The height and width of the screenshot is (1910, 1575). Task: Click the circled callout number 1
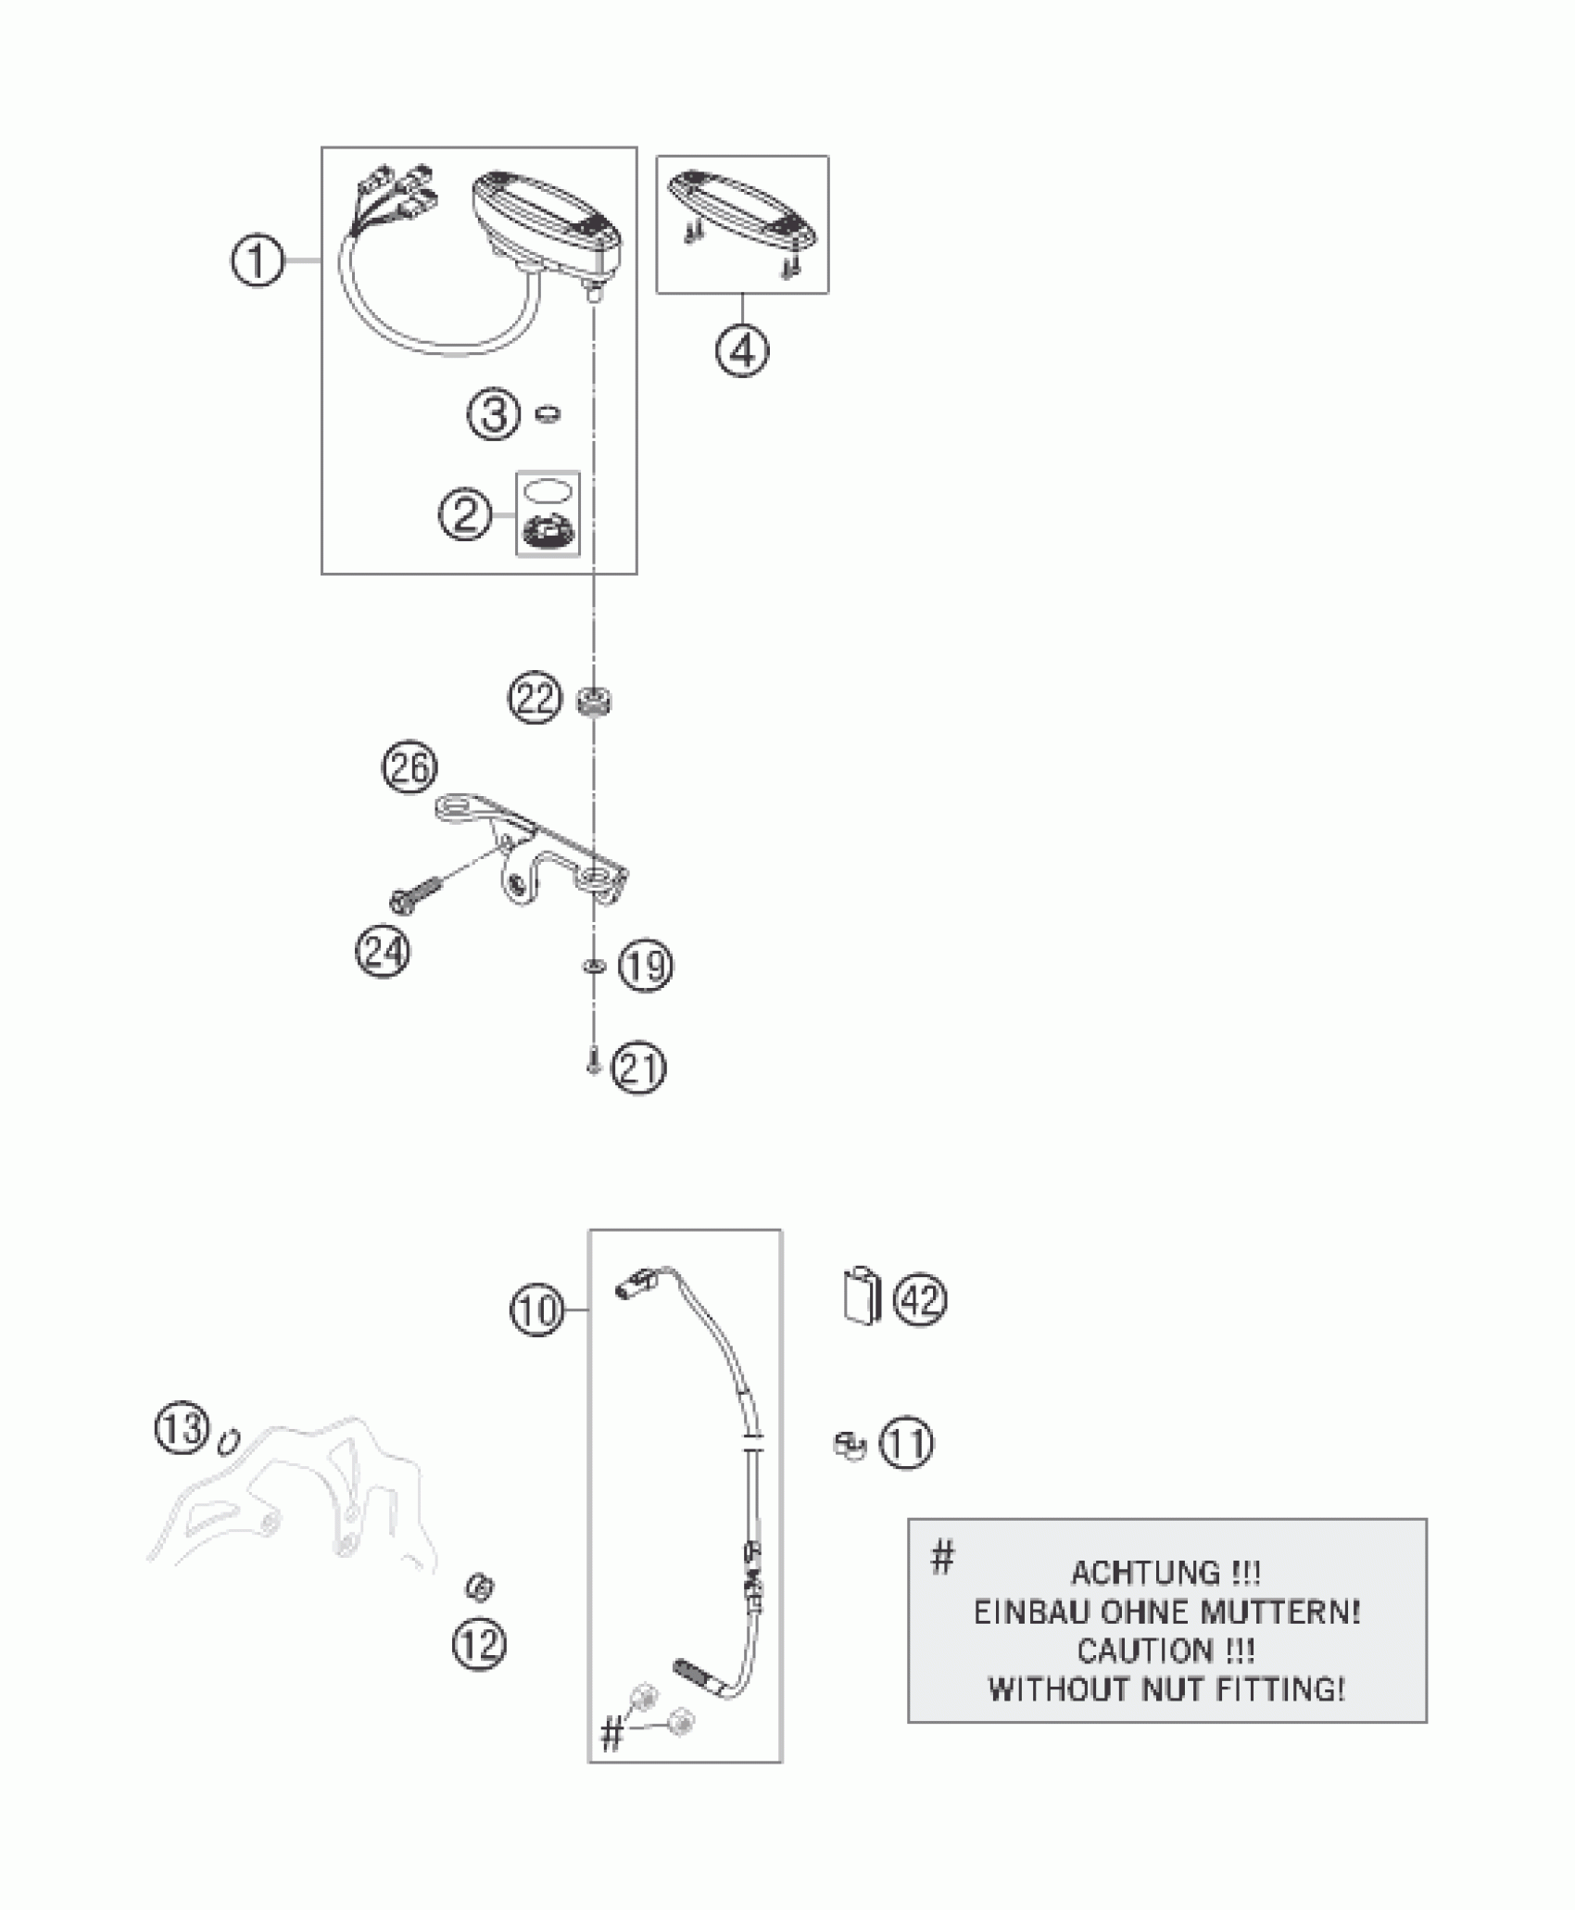click(x=258, y=262)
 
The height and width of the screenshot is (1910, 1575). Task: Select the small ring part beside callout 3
click(x=549, y=412)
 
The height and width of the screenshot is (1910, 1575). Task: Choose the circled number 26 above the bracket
click(x=410, y=767)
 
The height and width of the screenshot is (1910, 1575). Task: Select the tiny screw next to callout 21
click(x=594, y=1068)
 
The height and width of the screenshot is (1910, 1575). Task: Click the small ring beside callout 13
click(x=229, y=1442)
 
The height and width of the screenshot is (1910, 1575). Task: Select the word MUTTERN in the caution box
click(x=1279, y=1613)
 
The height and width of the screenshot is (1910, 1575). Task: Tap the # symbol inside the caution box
click(x=941, y=1558)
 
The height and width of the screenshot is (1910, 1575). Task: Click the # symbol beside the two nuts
click(x=611, y=1735)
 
